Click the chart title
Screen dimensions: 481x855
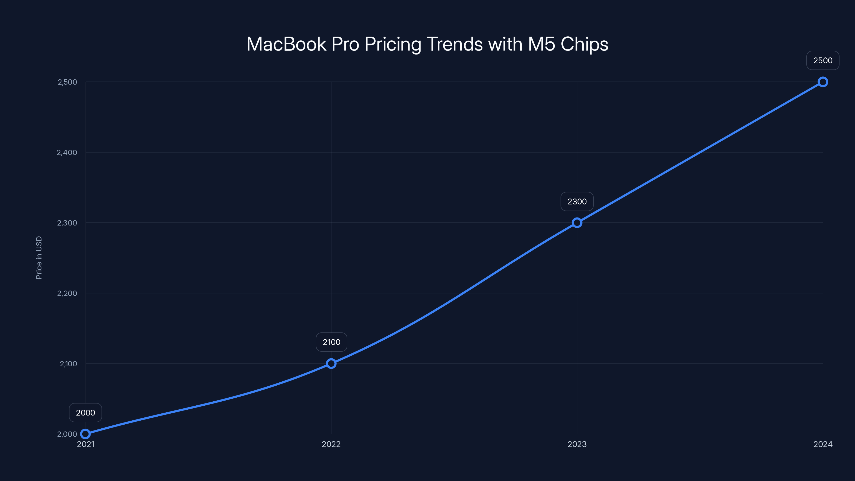pyautogui.click(x=427, y=44)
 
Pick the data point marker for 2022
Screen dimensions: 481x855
pyautogui.click(x=331, y=363)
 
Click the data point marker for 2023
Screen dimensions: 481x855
pyautogui.click(x=577, y=223)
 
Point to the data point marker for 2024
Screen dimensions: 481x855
pyautogui.click(x=822, y=82)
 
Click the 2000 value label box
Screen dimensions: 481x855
pyautogui.click(x=85, y=413)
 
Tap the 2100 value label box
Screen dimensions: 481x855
pyautogui.click(x=331, y=342)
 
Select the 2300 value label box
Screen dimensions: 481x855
pyautogui.click(x=577, y=201)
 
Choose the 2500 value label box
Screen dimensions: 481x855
pyautogui.click(x=822, y=60)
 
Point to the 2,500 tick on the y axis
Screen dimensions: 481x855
pyautogui.click(x=67, y=82)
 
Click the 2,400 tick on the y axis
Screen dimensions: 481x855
pyautogui.click(x=67, y=152)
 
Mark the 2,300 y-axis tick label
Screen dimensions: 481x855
pyautogui.click(x=67, y=223)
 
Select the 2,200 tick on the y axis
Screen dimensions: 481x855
pyautogui.click(x=67, y=293)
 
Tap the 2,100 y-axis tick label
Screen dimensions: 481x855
pyautogui.click(x=68, y=363)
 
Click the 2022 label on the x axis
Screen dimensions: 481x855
pyautogui.click(x=331, y=444)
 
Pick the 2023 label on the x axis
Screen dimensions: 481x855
pyautogui.click(x=577, y=444)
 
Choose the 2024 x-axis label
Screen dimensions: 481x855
pyautogui.click(x=822, y=444)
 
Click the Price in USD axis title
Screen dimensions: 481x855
pyautogui.click(x=39, y=258)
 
